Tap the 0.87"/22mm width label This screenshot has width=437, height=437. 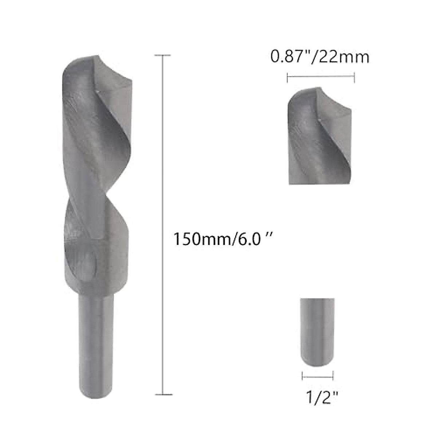320,57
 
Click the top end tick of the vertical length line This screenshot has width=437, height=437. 162,55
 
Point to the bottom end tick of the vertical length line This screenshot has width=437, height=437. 162,394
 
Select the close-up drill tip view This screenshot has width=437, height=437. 320,137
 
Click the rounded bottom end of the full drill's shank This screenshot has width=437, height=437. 96,395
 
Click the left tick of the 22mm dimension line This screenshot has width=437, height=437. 288,77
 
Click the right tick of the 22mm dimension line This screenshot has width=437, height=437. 354,77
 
